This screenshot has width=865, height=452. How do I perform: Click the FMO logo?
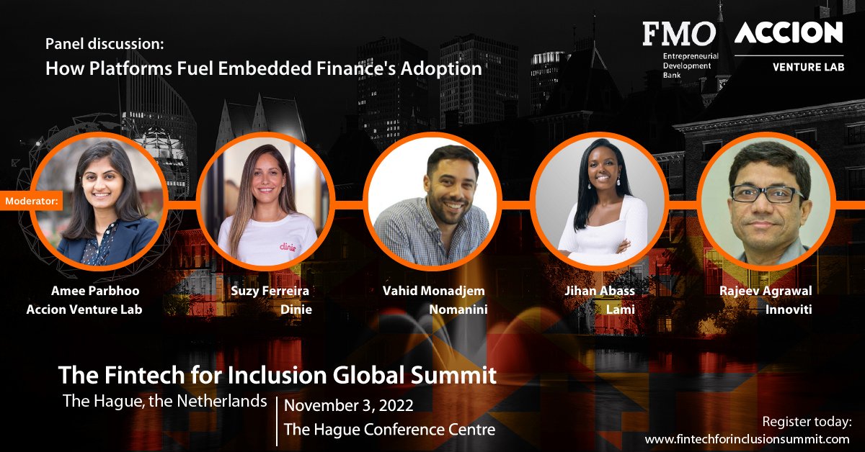point(679,33)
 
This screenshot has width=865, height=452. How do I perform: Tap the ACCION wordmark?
point(789,32)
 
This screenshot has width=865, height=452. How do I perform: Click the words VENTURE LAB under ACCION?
point(808,67)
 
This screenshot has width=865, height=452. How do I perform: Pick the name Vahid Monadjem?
point(433,291)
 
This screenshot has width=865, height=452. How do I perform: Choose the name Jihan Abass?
point(600,291)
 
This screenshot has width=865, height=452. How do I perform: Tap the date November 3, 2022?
point(349,405)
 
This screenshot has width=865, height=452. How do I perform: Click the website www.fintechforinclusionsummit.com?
point(748,438)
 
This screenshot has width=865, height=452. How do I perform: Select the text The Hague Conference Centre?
point(389,430)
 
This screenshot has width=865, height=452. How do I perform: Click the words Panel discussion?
point(105,44)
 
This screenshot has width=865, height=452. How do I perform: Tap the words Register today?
point(807,421)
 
